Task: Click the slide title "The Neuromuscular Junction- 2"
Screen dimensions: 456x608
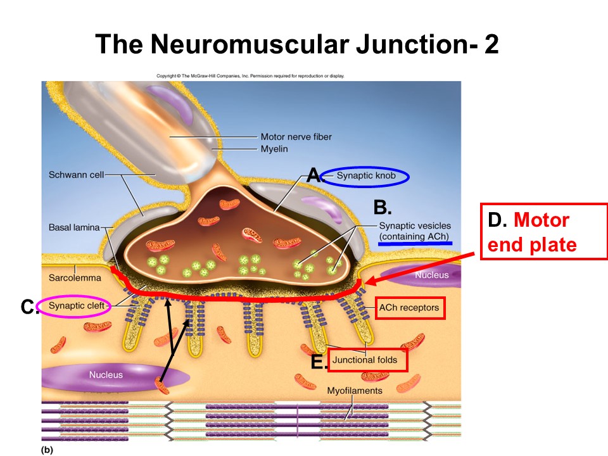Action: pos(297,44)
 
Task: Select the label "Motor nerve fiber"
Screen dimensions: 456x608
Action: pos(296,136)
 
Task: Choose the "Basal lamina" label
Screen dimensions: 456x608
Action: pos(72,226)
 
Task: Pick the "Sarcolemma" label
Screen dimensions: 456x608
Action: pos(70,277)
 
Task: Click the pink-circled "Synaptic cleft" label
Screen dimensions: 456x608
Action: pos(73,307)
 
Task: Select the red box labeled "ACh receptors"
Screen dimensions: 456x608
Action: pos(409,308)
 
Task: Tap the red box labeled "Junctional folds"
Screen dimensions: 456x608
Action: pos(368,360)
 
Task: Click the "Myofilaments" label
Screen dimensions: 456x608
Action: pos(355,391)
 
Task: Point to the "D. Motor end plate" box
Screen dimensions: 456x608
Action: pos(543,231)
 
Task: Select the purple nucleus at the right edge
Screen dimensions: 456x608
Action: pos(431,275)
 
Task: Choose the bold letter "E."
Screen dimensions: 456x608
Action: pos(319,362)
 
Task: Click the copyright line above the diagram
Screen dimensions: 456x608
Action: pos(250,76)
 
